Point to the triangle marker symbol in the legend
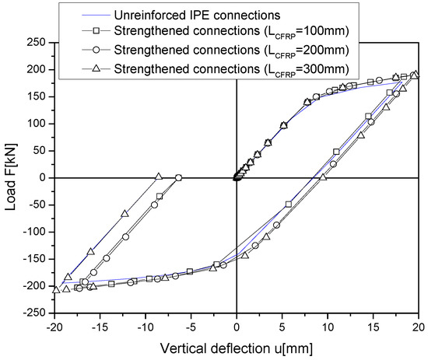(x=93, y=69)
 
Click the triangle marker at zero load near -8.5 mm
(x=159, y=177)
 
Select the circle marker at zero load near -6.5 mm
(x=178, y=178)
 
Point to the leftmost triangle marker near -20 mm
(x=55, y=289)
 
